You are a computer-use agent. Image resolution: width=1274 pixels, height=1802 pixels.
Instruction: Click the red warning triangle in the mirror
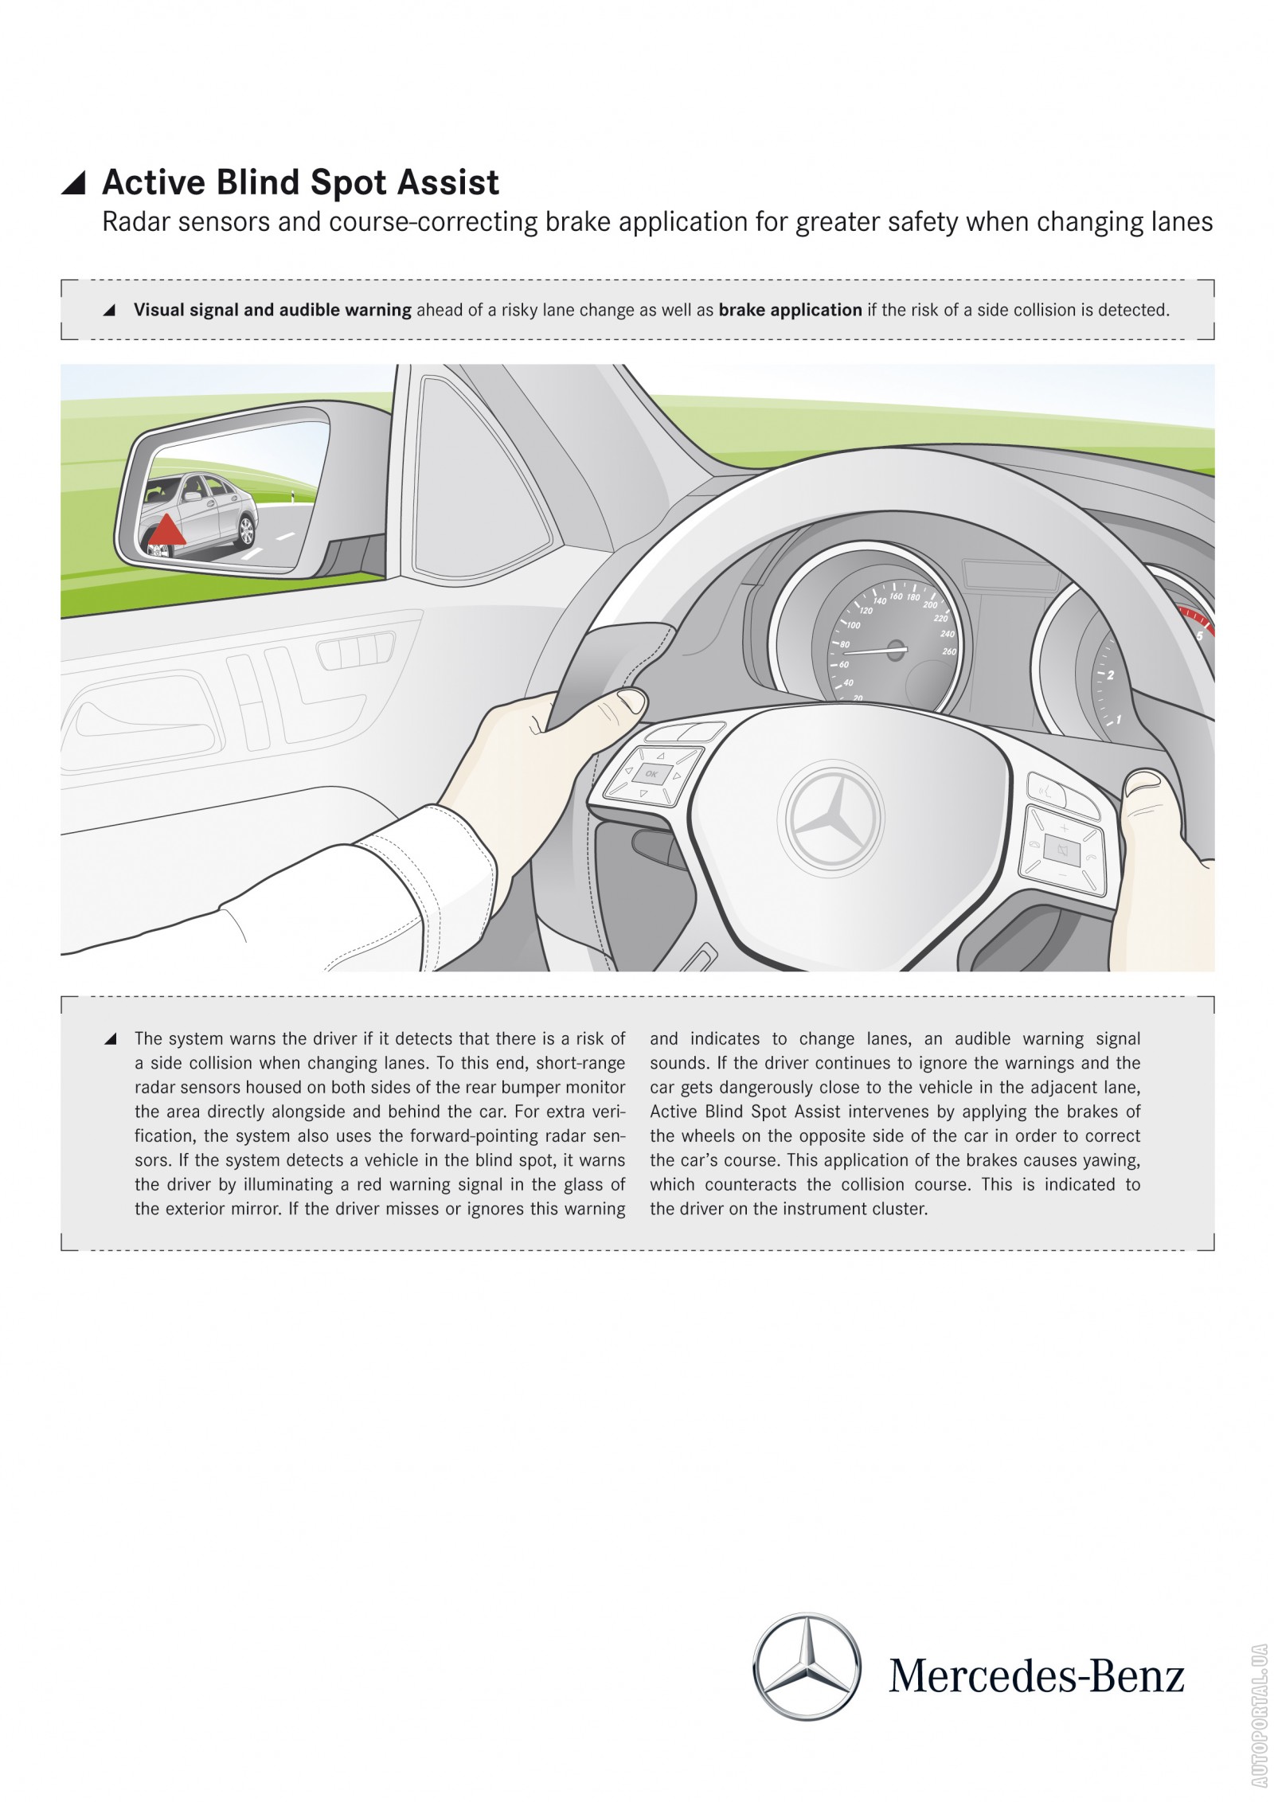pyautogui.click(x=166, y=532)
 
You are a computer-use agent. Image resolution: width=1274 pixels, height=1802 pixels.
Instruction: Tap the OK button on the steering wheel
pyautogui.click(x=651, y=774)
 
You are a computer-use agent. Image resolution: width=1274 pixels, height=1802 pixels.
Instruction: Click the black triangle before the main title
pyautogui.click(x=73, y=183)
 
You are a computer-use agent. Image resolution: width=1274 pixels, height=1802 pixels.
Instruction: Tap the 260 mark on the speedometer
pyautogui.click(x=948, y=651)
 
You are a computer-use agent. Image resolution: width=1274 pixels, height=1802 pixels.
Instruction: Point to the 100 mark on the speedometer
pyautogui.click(x=853, y=625)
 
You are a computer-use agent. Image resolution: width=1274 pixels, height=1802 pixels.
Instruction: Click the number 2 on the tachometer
pyautogui.click(x=1110, y=675)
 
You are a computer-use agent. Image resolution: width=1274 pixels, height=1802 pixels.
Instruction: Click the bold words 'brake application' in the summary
pyautogui.click(x=790, y=310)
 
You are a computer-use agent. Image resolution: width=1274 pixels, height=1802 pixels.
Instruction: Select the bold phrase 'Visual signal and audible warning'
pyautogui.click(x=272, y=310)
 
